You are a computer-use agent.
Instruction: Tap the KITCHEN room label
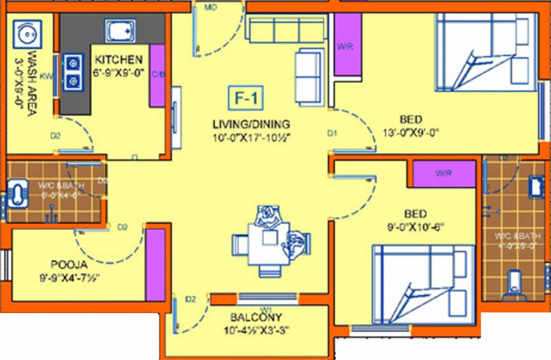tap(119, 60)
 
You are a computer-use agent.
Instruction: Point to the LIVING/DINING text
tap(251, 124)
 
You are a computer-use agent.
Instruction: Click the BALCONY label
tap(256, 317)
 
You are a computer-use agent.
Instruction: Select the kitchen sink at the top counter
tap(120, 31)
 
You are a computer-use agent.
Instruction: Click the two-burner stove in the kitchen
tap(74, 72)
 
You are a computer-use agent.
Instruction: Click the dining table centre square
tap(270, 237)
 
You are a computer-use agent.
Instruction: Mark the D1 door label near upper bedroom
tap(332, 134)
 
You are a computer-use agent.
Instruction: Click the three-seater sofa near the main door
tap(286, 30)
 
